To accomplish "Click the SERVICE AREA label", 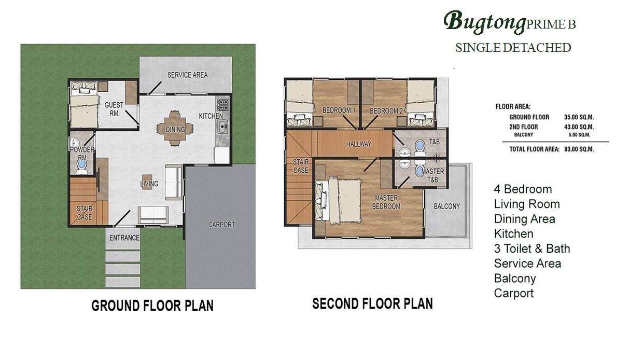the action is (188, 75).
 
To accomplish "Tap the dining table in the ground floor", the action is (175, 128).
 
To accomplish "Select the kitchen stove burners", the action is (222, 104).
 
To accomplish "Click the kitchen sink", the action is (223, 127).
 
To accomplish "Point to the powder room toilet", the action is (82, 165).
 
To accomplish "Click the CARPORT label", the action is (221, 225).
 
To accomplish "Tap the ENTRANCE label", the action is (124, 238).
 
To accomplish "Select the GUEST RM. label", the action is (114, 109).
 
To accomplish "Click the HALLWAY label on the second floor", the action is (359, 144).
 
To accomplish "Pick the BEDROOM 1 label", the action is (339, 110).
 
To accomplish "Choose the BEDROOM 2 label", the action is (386, 111).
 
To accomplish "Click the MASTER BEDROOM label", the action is (386, 202).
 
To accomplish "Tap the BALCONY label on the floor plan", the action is (447, 206).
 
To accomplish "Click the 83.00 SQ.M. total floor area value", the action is (579, 149).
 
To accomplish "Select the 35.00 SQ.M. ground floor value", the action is (579, 117).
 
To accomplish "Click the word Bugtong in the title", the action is (484, 22).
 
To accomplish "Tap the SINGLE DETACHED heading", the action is (513, 48).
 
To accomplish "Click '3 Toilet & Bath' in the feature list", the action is (532, 248).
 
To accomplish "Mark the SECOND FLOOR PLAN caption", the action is (373, 304).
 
